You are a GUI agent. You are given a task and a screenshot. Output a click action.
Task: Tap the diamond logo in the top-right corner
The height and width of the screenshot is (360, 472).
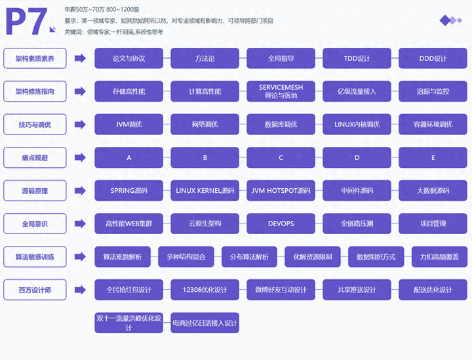pyautogui.click(x=453, y=20)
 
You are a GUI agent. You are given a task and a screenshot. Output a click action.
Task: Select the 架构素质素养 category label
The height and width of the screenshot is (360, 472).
pyautogui.click(x=35, y=58)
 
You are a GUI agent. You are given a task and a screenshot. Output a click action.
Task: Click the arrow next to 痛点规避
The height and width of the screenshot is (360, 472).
pyautogui.click(x=80, y=157)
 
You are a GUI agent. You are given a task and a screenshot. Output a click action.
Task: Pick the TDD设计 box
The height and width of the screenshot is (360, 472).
pyautogui.click(x=357, y=58)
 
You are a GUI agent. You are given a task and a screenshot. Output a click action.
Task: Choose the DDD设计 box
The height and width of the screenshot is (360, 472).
pyautogui.click(x=433, y=58)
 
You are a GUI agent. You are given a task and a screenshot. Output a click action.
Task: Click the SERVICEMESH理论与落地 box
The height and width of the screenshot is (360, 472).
pyautogui.click(x=281, y=91)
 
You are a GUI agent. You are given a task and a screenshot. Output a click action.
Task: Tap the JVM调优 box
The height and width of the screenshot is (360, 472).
pyautogui.click(x=128, y=125)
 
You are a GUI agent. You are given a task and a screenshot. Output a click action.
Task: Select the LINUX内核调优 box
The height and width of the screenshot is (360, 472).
pyautogui.click(x=357, y=125)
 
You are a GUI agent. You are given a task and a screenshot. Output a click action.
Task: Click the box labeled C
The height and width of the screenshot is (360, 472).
pyautogui.click(x=281, y=157)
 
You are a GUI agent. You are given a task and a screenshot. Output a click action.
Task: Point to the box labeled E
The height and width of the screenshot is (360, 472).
pyautogui.click(x=433, y=157)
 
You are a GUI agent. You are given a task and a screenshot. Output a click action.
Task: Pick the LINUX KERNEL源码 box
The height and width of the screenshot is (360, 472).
pyautogui.click(x=205, y=191)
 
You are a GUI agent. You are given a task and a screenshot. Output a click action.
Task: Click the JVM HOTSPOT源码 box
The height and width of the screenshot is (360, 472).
pyautogui.click(x=281, y=191)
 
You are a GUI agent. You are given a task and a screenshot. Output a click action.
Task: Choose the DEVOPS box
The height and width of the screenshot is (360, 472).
pyautogui.click(x=281, y=224)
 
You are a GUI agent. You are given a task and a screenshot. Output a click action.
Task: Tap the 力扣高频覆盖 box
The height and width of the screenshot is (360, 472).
pyautogui.click(x=439, y=256)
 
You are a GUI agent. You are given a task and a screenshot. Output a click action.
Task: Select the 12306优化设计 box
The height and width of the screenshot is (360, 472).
pyautogui.click(x=205, y=290)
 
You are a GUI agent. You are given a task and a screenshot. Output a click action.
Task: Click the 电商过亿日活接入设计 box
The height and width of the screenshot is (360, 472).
pyautogui.click(x=205, y=323)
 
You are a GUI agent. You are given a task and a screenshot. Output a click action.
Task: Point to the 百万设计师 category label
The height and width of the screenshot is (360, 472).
pyautogui.click(x=35, y=290)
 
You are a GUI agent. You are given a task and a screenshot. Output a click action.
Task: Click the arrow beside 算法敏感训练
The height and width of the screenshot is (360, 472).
pyautogui.click(x=80, y=256)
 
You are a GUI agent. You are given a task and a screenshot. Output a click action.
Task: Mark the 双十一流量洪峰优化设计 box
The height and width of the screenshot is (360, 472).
pyautogui.click(x=128, y=323)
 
